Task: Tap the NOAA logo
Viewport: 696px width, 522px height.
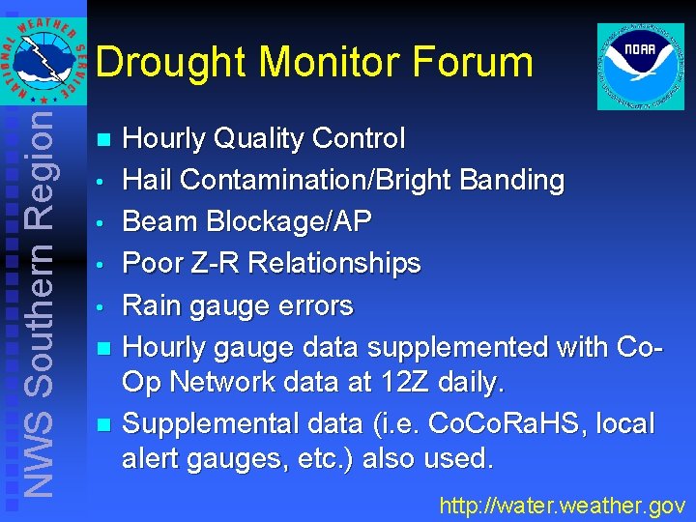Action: (x=640, y=67)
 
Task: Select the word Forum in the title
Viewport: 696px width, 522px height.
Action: (x=473, y=63)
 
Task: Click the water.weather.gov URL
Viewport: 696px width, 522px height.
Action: (x=562, y=505)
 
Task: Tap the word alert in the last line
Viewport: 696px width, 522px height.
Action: (x=151, y=458)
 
